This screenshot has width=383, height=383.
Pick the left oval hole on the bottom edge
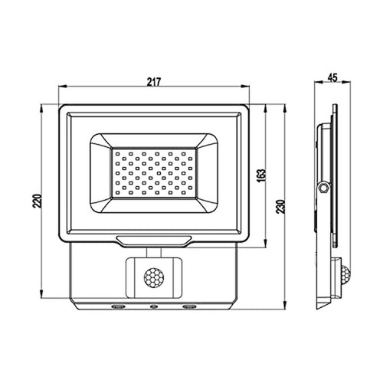tap(117, 307)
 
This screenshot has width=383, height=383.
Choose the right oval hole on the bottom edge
tap(187, 307)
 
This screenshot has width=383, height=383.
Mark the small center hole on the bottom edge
tap(152, 307)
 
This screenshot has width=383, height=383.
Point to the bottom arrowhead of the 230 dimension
tap(285, 309)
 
